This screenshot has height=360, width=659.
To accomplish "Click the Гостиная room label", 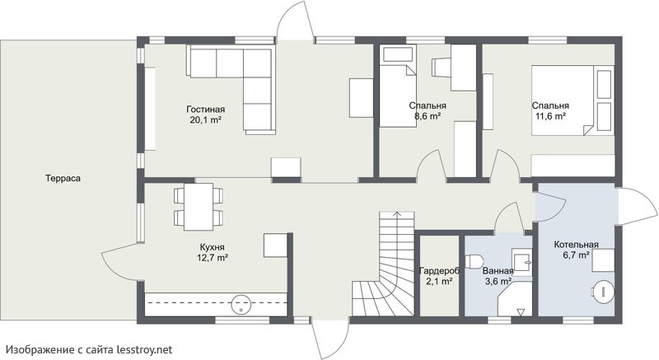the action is point(205,110).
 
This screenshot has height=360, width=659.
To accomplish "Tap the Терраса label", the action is point(63,178).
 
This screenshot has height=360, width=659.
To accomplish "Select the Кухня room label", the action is point(213,247).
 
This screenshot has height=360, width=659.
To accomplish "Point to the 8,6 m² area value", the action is point(428,116).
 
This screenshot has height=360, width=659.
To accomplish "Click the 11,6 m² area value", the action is point(550,116).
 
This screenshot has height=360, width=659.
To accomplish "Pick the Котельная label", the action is point(576,245).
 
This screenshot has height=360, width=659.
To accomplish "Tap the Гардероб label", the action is point(439,271).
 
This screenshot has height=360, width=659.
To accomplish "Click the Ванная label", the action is point(498,271).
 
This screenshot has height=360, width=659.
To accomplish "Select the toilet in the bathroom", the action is point(474,261).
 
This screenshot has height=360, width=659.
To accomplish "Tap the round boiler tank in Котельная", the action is point(603,291).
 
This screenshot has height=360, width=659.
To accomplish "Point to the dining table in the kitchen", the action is point(199,206).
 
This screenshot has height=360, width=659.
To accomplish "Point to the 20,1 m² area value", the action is point(205,119).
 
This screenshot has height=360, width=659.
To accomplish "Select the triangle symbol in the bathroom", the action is point(521,312).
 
